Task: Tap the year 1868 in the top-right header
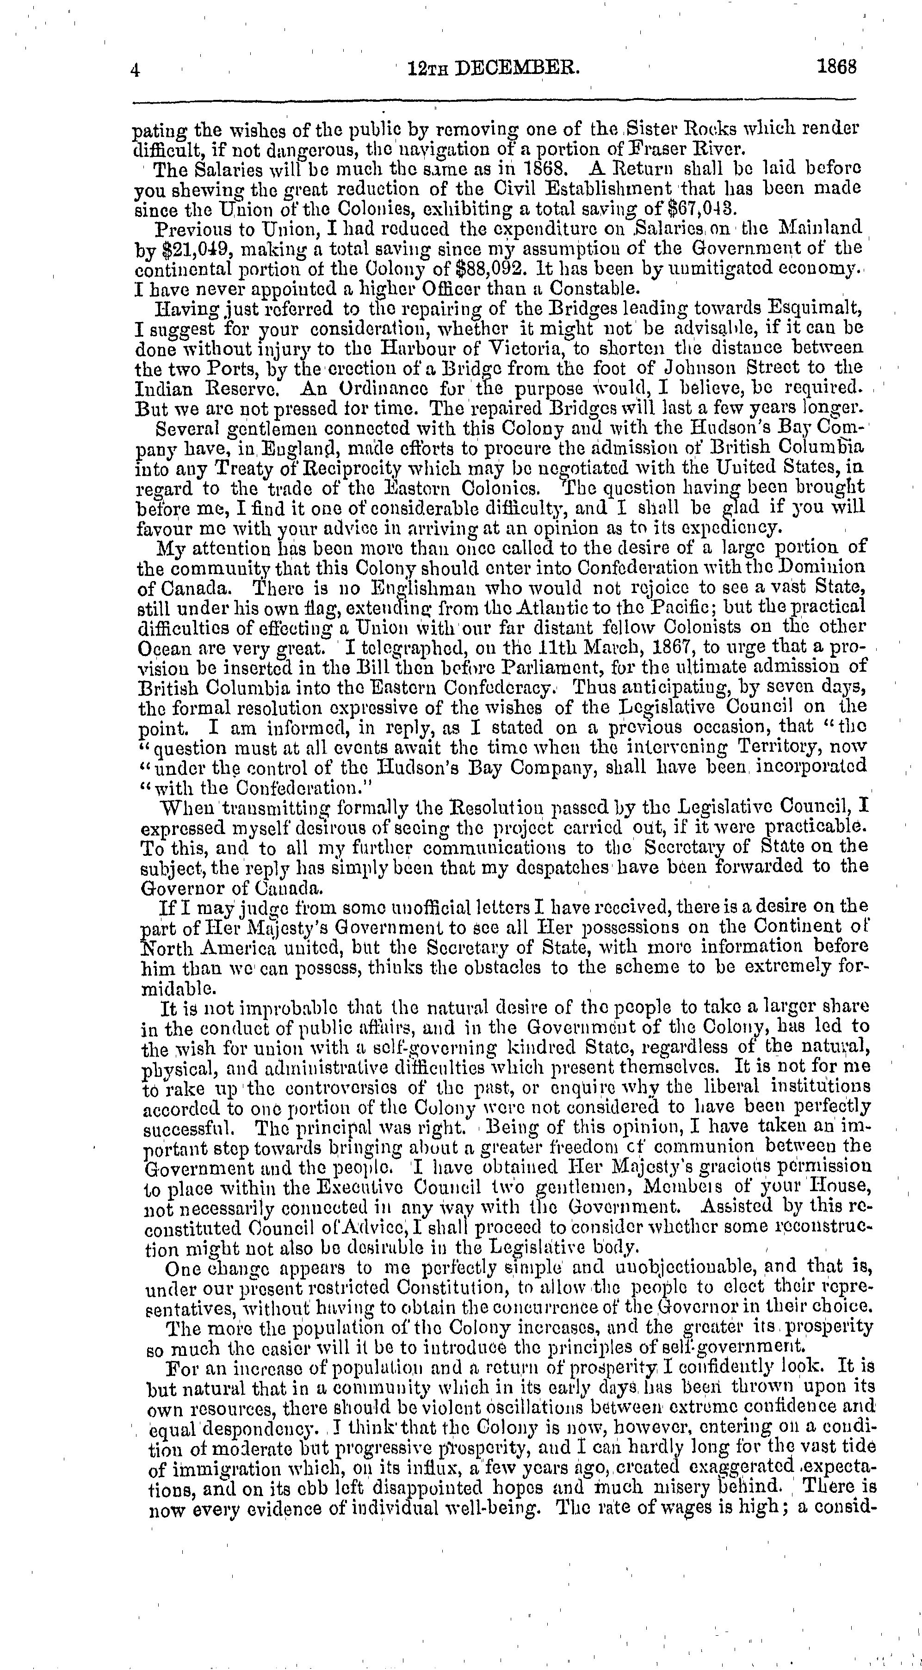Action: coord(837,68)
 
